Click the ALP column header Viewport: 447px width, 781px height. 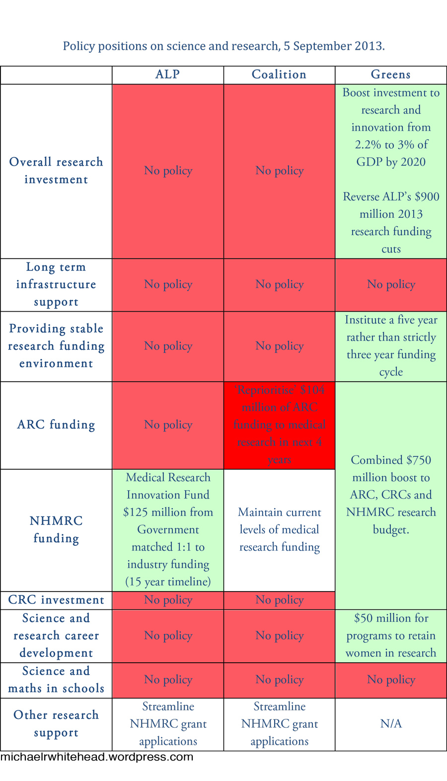point(167,75)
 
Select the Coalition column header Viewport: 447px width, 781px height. point(279,75)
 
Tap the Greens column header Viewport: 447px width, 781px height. point(391,75)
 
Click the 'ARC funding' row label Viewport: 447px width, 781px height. point(56,425)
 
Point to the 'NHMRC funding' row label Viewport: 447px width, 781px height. point(56,529)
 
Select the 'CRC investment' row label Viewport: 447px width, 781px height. point(56,600)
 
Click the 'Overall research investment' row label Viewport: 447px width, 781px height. point(56,171)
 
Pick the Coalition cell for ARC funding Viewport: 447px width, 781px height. point(279,425)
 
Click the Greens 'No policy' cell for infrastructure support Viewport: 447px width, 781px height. point(391,284)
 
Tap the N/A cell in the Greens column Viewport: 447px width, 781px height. point(391,724)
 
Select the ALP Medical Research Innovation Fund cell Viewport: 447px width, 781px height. point(168,529)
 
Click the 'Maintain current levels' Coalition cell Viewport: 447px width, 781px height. point(279,529)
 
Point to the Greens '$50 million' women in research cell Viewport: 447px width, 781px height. point(391,635)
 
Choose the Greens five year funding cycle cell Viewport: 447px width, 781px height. point(391,346)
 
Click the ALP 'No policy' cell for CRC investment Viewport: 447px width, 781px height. point(168,600)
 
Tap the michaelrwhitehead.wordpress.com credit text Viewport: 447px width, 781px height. point(97,757)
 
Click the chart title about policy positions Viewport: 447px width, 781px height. point(223,46)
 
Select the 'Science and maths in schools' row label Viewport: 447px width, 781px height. point(56,680)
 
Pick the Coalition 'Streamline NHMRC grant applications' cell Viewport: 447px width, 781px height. point(279,724)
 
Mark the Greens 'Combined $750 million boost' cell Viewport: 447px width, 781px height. point(391,495)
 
